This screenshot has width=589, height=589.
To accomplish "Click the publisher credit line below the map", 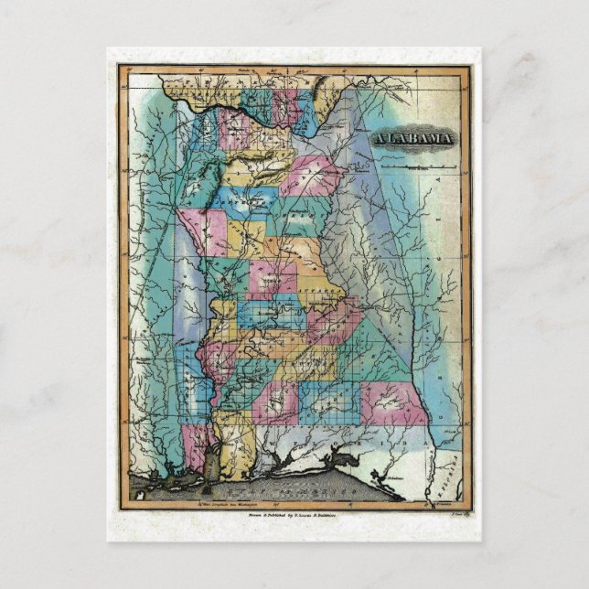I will tap(294, 516).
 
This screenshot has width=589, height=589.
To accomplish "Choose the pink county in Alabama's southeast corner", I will tap(395, 402).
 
